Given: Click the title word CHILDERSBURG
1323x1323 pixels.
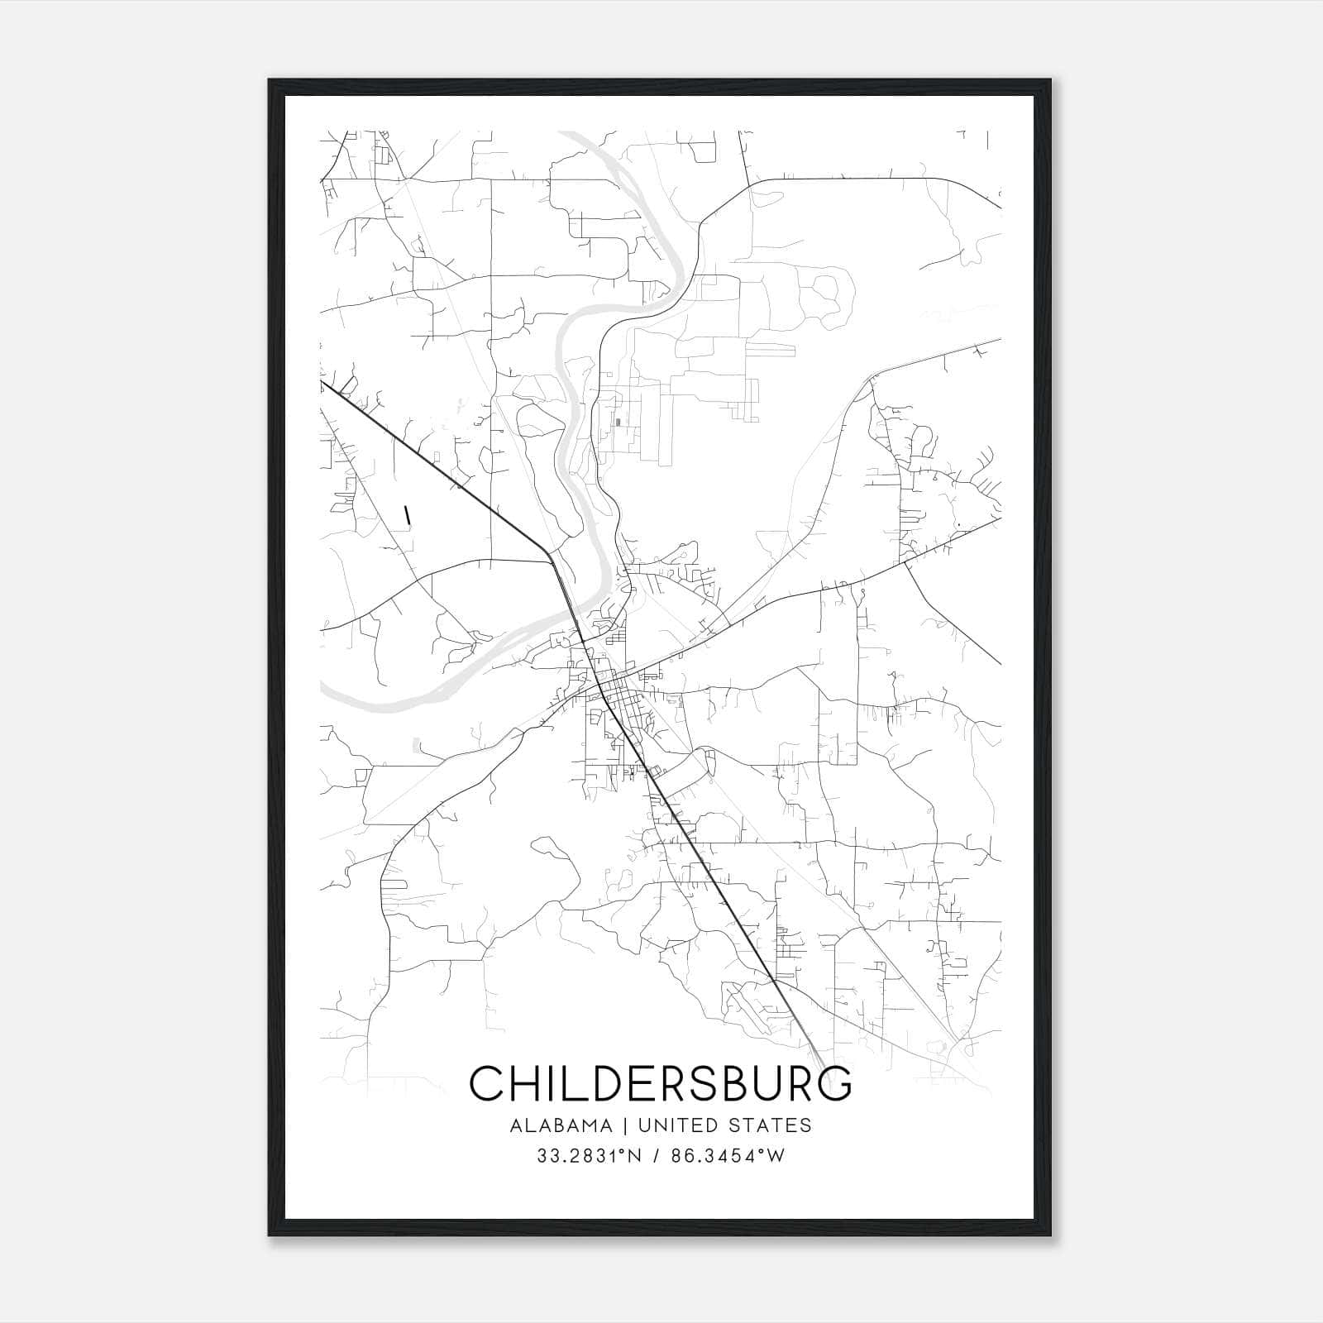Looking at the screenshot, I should pyautogui.click(x=661, y=1083).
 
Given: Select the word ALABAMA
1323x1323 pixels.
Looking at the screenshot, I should pyautogui.click(x=561, y=1125).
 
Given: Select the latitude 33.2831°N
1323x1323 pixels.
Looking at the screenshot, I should pyautogui.click(x=590, y=1156).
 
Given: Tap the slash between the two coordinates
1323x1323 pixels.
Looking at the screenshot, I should pyautogui.click(x=658, y=1156).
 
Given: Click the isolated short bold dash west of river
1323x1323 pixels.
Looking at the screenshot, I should pyautogui.click(x=407, y=514).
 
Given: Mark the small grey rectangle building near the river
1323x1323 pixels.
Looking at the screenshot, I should pyautogui.click(x=618, y=423).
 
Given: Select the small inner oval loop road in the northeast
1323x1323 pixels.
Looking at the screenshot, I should pyautogui.click(x=826, y=289).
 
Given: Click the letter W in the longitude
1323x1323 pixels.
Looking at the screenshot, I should pyautogui.click(x=775, y=1156).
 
